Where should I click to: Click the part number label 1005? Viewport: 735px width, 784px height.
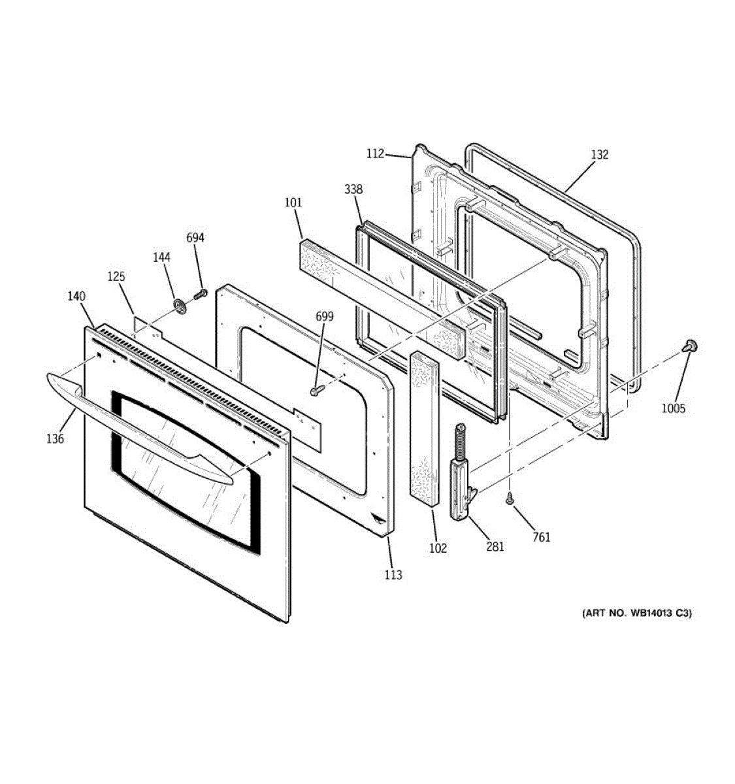pyautogui.click(x=673, y=408)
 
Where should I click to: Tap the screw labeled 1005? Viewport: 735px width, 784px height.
pyautogui.click(x=689, y=345)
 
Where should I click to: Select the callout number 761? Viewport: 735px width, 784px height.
pyautogui.click(x=541, y=537)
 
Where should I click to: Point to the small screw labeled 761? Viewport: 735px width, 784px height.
pyautogui.click(x=510, y=500)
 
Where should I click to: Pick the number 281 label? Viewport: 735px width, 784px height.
pyautogui.click(x=495, y=547)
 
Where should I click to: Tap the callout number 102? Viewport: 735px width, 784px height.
pyautogui.click(x=438, y=548)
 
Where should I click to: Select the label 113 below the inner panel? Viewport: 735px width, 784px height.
pyautogui.click(x=393, y=575)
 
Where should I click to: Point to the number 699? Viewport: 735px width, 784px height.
pyautogui.click(x=325, y=317)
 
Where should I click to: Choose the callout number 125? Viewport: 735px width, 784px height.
pyautogui.click(x=116, y=277)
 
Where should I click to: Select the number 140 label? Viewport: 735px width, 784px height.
pyautogui.click(x=76, y=297)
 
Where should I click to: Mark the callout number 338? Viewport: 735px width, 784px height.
pyautogui.click(x=353, y=189)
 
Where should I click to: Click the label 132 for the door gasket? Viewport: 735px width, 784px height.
pyautogui.click(x=600, y=155)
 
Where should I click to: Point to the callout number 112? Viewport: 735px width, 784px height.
pyautogui.click(x=375, y=154)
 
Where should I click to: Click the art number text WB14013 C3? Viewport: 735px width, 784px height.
pyautogui.click(x=636, y=613)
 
